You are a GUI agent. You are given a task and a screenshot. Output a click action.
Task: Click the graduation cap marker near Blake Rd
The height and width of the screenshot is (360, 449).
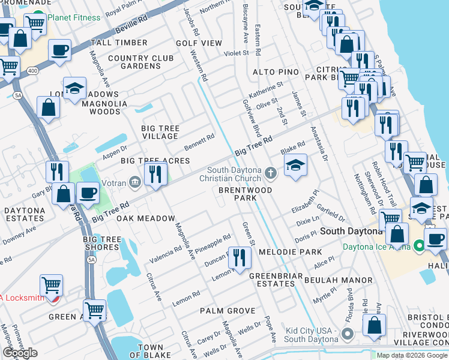click(295, 166)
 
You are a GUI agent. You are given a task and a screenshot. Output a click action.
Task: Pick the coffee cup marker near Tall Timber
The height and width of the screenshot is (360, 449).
click(59, 50)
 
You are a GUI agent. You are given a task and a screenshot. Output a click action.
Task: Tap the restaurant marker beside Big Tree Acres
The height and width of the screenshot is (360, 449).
click(156, 175)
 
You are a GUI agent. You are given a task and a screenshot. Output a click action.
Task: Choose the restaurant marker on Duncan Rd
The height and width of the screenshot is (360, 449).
click(240, 257)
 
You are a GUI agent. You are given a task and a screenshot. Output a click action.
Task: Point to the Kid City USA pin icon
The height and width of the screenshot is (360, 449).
click(347, 333)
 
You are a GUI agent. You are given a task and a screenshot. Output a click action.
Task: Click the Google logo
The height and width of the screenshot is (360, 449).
click(20, 353)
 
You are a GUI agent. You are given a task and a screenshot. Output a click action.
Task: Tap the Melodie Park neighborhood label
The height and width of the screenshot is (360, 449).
click(291, 252)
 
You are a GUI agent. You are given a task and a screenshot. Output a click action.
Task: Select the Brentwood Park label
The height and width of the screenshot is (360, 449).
click(244, 194)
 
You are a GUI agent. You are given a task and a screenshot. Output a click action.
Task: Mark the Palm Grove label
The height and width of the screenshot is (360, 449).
click(228, 311)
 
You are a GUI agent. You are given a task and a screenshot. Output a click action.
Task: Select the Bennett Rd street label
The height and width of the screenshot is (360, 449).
click(199, 142)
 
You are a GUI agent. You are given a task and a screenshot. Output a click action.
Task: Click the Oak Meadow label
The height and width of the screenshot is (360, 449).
click(145, 218)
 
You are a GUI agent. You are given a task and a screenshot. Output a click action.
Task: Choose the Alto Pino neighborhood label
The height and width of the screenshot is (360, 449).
click(276, 72)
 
